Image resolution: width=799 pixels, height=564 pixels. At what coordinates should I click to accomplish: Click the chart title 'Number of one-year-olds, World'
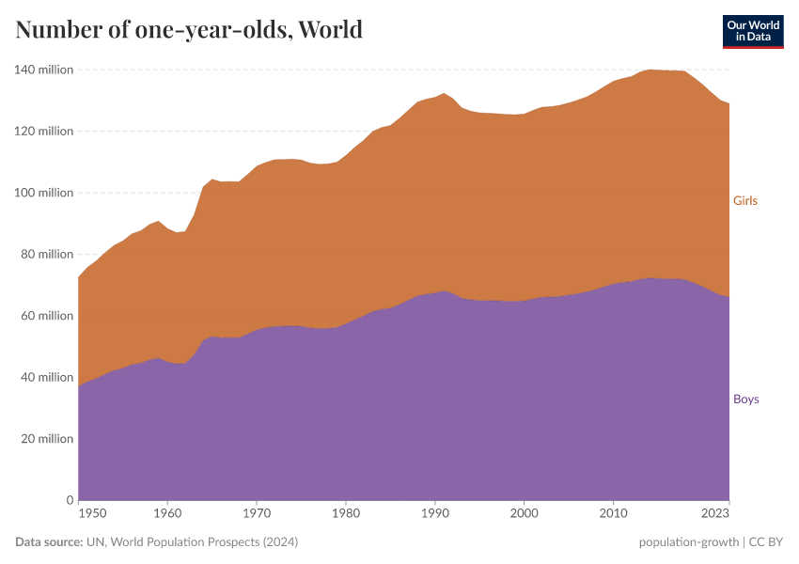(189, 29)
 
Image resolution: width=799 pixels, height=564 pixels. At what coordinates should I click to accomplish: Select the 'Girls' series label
(744, 200)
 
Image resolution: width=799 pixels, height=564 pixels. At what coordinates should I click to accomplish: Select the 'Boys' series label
(745, 399)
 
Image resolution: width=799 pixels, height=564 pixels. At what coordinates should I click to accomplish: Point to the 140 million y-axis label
(43, 70)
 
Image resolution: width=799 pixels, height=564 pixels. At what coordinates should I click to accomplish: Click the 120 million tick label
(43, 131)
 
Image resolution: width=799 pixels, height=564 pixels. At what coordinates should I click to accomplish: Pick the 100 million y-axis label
(43, 193)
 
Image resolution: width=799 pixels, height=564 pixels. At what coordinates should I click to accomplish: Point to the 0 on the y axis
(69, 500)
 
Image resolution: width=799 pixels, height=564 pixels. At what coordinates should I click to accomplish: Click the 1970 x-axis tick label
(257, 513)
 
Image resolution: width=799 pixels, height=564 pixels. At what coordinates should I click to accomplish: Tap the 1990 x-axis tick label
(434, 513)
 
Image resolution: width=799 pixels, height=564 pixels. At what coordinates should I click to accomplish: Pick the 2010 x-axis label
(613, 513)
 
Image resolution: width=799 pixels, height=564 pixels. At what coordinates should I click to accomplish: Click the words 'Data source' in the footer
(49, 542)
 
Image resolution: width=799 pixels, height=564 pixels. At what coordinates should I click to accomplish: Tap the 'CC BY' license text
(767, 542)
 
